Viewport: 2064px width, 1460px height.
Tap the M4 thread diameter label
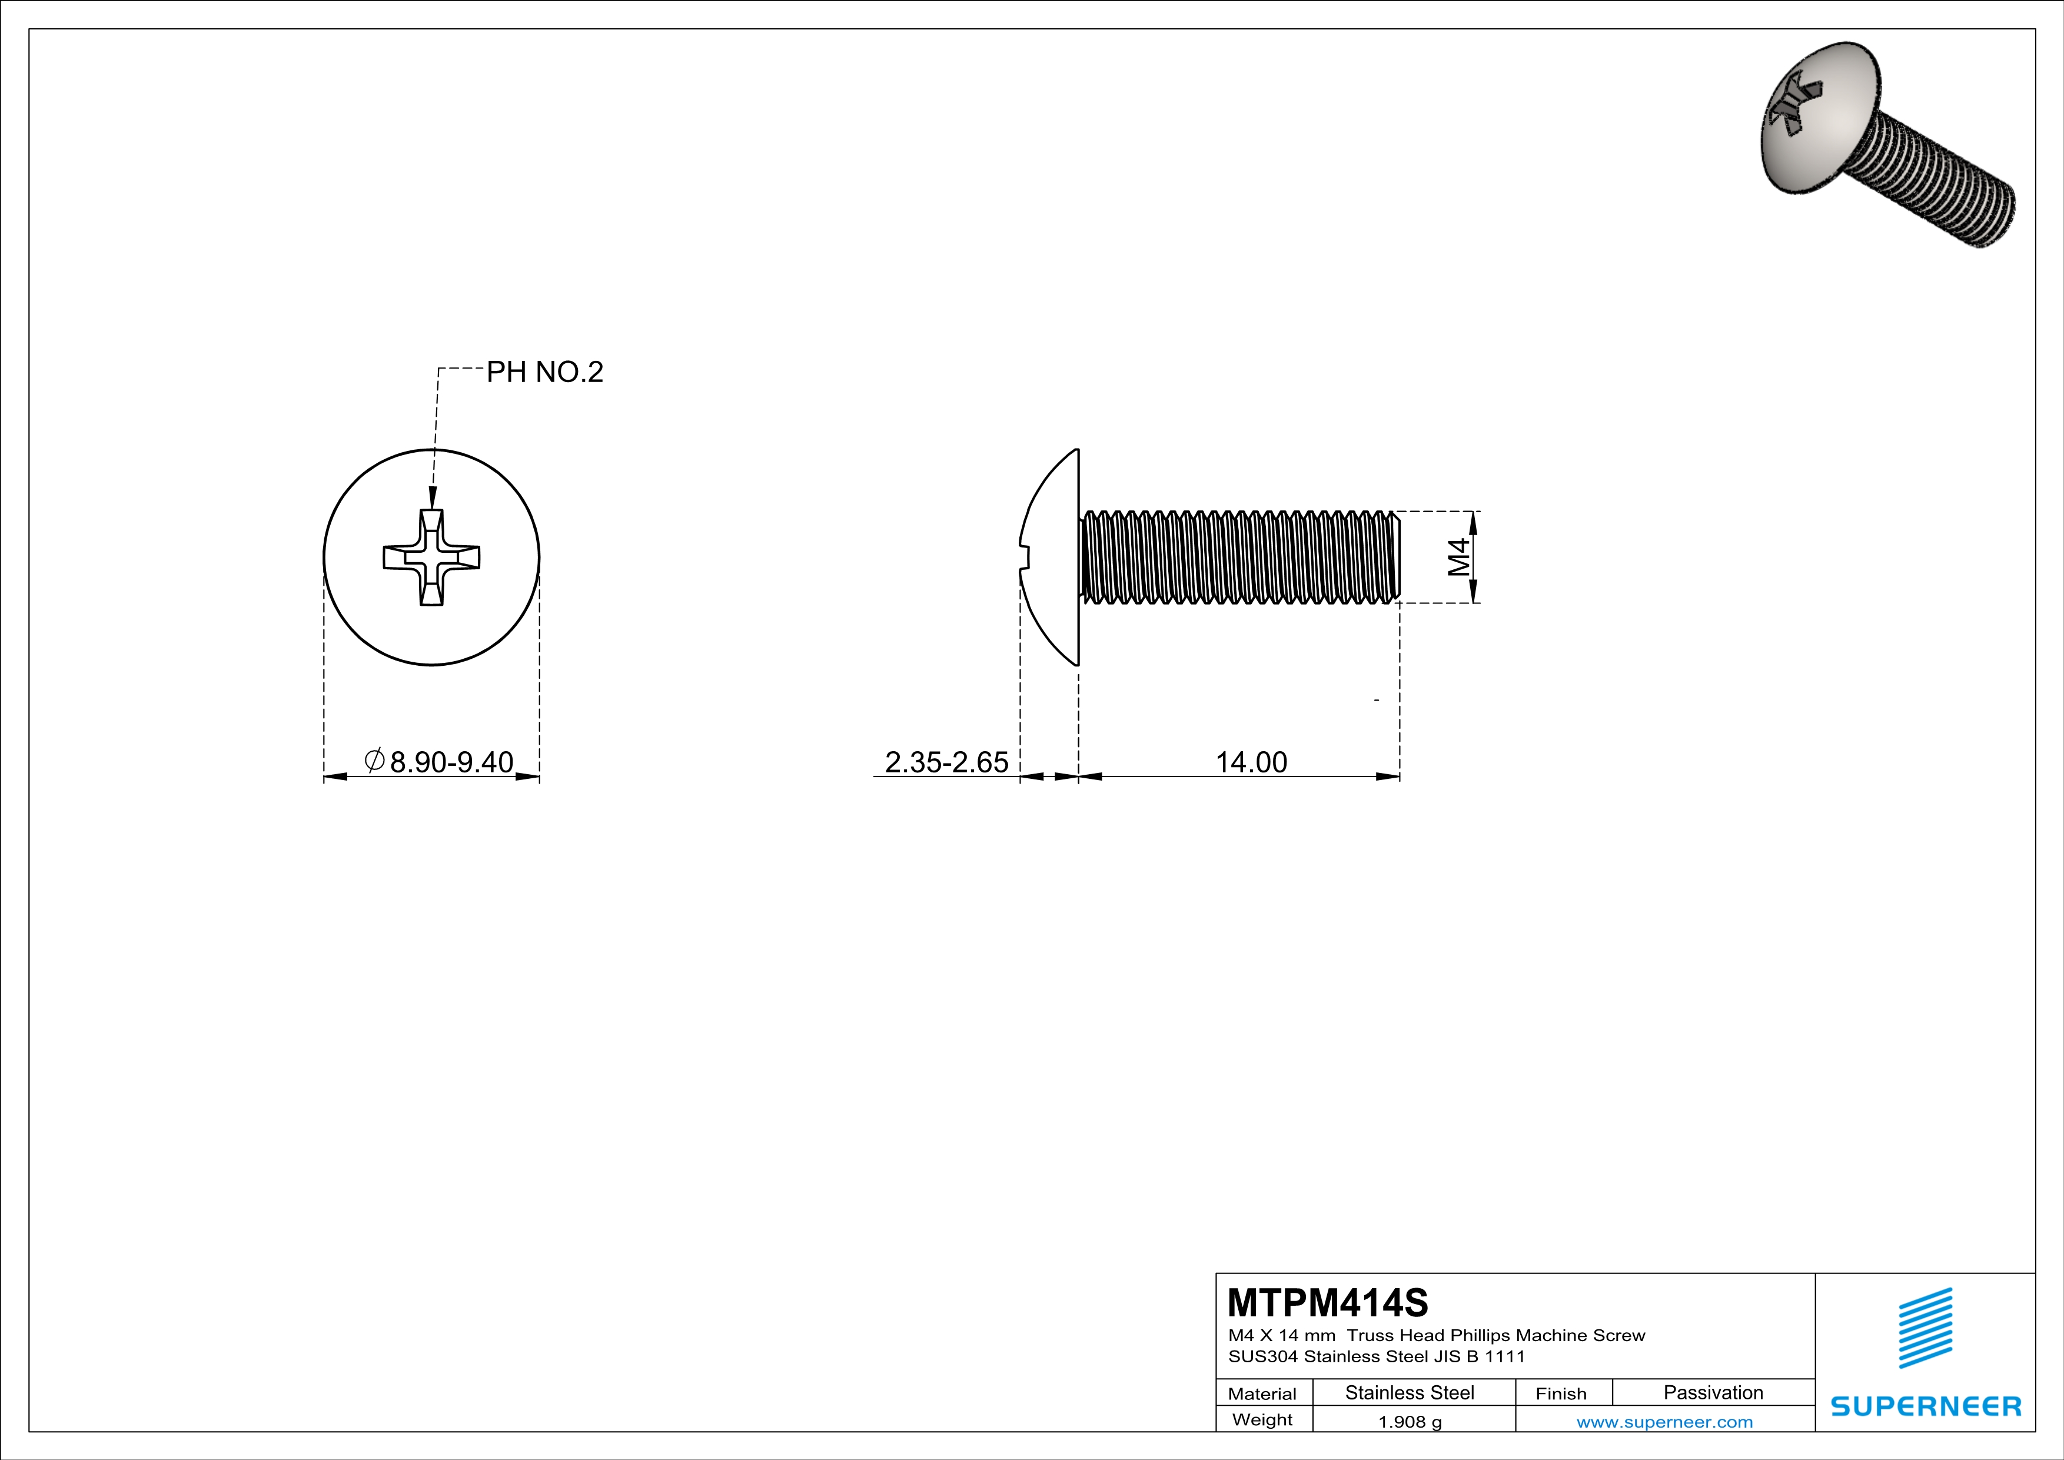[1458, 556]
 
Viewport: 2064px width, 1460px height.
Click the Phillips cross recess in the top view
[431, 558]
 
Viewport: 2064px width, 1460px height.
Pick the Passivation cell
[1713, 1392]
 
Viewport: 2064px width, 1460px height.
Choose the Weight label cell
[1262, 1419]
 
